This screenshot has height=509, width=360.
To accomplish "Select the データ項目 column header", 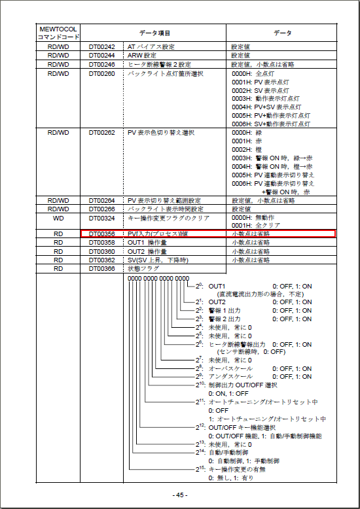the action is [x=154, y=33].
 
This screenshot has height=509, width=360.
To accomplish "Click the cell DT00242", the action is [x=101, y=47].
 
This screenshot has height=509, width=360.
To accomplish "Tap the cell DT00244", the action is [x=101, y=56].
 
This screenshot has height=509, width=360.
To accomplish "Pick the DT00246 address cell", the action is [x=101, y=64].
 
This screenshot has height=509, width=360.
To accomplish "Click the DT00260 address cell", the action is [x=101, y=73].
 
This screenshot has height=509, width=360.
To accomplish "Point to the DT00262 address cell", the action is [x=101, y=132].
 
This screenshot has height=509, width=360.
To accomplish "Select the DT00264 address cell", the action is [x=101, y=200].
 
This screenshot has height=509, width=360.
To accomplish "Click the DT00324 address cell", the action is [x=101, y=217].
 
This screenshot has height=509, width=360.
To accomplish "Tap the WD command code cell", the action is [x=58, y=217].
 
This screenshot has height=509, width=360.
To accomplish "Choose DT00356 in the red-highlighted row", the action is [x=101, y=234].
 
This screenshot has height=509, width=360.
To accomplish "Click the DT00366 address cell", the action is [x=101, y=268].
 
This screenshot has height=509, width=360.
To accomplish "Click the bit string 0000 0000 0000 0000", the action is [x=158, y=278].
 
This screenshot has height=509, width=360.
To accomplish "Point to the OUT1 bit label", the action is [x=217, y=287].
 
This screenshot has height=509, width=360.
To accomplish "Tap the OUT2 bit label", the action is [x=217, y=302].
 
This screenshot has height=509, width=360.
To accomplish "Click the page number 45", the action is [x=179, y=495].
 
